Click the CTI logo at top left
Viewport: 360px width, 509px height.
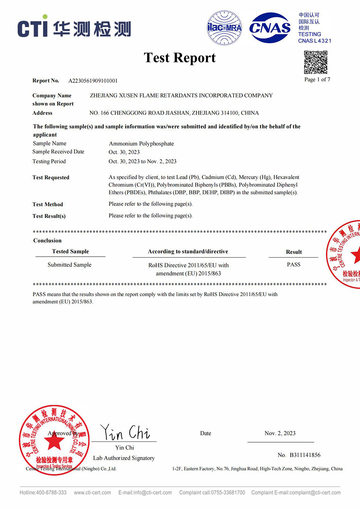pyautogui.click(x=74, y=28)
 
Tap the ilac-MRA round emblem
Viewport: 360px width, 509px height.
pyautogui.click(x=224, y=28)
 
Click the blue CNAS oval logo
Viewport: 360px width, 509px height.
pyautogui.click(x=270, y=28)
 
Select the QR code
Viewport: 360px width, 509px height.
pyautogui.click(x=316, y=62)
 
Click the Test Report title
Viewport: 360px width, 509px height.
pyautogui.click(x=180, y=58)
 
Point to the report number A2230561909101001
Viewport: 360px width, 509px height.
pyautogui.click(x=93, y=81)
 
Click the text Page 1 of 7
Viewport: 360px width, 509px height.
pyautogui.click(x=317, y=80)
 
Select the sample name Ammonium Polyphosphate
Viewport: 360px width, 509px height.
pyautogui.click(x=141, y=144)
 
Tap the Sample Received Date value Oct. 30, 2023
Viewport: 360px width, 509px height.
pyautogui.click(x=124, y=152)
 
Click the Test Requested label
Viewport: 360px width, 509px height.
pyautogui.click(x=51, y=178)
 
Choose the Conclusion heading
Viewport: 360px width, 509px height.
pyautogui.click(x=47, y=241)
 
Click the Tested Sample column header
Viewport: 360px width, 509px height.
pyautogui.click(x=70, y=252)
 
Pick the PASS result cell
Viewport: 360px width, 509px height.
pyautogui.click(x=294, y=265)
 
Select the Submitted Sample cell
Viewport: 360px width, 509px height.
pyautogui.click(x=70, y=265)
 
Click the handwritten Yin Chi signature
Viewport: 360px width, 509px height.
pyautogui.click(x=125, y=432)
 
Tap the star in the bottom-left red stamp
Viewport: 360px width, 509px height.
pyautogui.click(x=54, y=441)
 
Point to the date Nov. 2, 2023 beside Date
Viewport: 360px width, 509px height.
pyautogui.click(x=280, y=433)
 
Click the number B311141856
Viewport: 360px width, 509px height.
pyautogui.click(x=304, y=455)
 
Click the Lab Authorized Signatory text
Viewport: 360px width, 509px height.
pyautogui.click(x=124, y=458)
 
